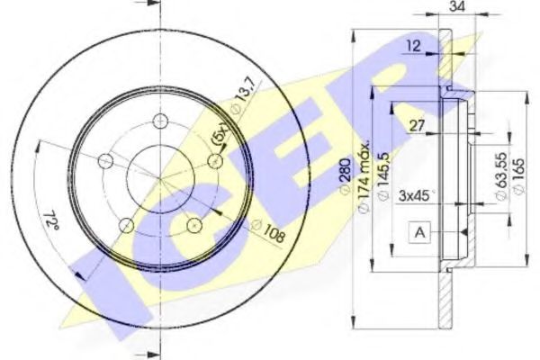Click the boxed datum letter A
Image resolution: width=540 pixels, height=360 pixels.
[419, 233]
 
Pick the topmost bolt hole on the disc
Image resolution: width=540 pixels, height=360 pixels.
[161, 123]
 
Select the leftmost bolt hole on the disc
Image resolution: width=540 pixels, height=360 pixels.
[105, 162]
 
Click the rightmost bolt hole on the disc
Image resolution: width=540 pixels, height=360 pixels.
[216, 160]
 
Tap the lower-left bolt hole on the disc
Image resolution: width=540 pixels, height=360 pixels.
[127, 225]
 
